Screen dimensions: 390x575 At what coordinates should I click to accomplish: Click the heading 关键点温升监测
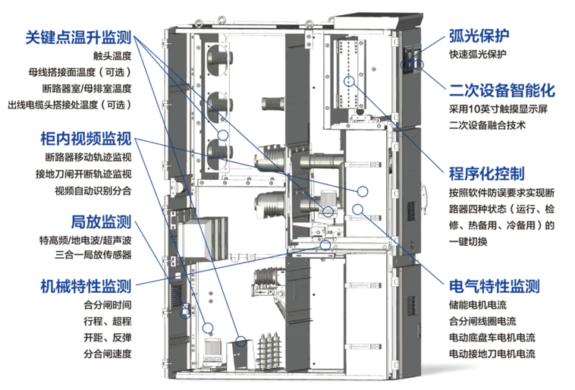coord(78,36)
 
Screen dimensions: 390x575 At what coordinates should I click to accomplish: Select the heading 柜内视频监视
coord(86,139)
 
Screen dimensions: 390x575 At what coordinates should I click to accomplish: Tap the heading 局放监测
coord(101,222)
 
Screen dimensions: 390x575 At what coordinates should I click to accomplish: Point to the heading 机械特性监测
coord(86,286)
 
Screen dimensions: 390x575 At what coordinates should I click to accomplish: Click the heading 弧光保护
coord(479,36)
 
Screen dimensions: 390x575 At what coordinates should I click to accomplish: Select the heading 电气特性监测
coord(495,286)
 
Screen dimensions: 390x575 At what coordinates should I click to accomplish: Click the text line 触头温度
coord(112,55)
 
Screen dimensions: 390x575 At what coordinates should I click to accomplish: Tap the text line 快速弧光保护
coord(479,55)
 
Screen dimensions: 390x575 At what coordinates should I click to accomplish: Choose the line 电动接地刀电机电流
coord(492,354)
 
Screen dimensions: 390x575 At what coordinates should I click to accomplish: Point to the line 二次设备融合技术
coord(486,125)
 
